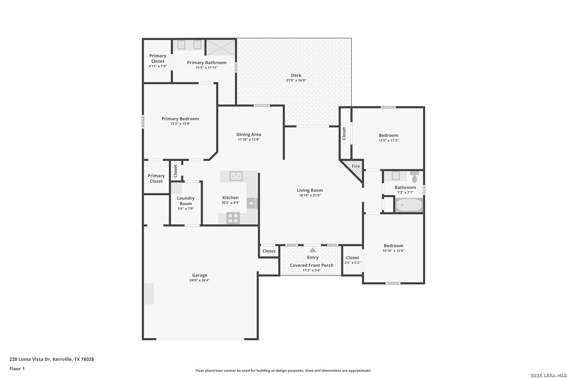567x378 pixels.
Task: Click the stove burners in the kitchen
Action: [233, 218]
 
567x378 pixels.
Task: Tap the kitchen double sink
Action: [236, 176]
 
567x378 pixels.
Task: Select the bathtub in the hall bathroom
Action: [409, 205]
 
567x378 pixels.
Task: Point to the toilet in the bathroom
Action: [414, 177]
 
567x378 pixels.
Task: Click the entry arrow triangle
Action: [313, 250]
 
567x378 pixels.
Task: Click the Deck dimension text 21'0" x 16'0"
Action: [296, 80]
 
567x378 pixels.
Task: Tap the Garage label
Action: [199, 275]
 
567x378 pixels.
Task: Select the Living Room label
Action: [310, 190]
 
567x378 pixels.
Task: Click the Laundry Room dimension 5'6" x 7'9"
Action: [186, 209]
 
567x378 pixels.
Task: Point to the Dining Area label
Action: [248, 134]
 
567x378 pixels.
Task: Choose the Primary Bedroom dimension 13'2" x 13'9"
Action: [180, 124]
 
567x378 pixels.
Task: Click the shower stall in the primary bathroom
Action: [221, 47]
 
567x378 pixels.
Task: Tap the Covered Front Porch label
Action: [311, 265]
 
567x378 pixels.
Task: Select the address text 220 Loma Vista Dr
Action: [30, 359]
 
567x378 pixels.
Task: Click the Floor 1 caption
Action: [17, 369]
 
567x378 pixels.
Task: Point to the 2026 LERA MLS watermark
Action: [548, 375]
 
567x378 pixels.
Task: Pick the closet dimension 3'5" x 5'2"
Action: [352, 262]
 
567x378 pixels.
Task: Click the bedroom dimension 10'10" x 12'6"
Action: [393, 251]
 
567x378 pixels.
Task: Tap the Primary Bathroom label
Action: [206, 63]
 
